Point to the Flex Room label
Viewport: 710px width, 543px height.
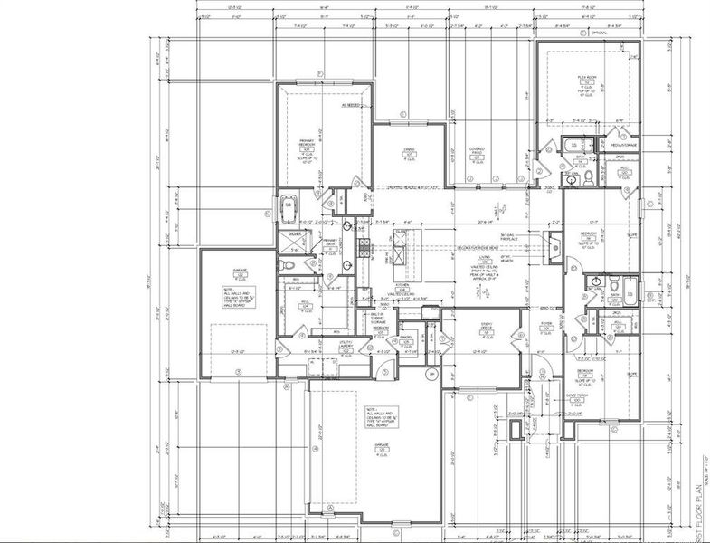pyautogui.click(x=587, y=80)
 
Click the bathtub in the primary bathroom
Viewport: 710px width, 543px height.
pyautogui.click(x=289, y=208)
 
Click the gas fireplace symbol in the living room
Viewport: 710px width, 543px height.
pyautogui.click(x=555, y=243)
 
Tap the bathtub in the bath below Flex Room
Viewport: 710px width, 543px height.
pyautogui.click(x=573, y=146)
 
